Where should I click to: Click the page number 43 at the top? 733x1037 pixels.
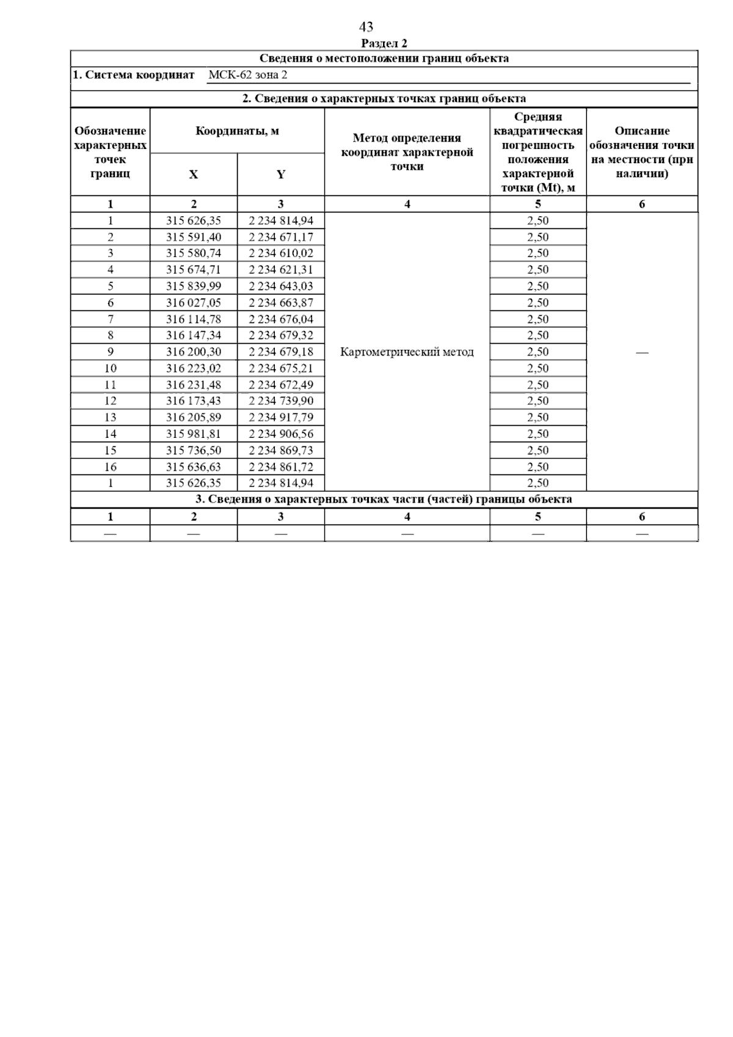coord(366,27)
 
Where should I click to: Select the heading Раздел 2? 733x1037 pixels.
coord(384,43)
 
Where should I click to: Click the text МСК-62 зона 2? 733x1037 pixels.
coord(247,75)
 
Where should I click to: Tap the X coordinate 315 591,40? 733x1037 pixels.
coord(194,237)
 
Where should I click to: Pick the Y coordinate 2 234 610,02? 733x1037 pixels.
coord(281,253)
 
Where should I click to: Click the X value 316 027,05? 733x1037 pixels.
coord(194,303)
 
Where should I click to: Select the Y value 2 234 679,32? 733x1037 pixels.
coord(281,335)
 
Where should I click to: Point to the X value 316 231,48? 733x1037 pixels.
coord(194,385)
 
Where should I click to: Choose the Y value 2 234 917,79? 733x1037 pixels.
coord(281,418)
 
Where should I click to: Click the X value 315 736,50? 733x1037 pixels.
coord(194,451)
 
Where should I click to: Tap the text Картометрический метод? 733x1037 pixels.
coord(407,352)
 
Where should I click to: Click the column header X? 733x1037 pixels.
coord(194,175)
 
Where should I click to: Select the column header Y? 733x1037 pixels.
coord(281,175)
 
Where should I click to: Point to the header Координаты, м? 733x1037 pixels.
coord(237,131)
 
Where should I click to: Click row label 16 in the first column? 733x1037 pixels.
coord(111,467)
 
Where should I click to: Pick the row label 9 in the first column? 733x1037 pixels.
coord(111,352)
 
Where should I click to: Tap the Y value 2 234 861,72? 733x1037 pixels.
coord(281,467)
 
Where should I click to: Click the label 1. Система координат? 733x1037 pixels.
coord(134,75)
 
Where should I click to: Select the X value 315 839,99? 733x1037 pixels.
coord(194,286)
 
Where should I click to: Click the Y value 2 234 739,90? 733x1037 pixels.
coord(281,401)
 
